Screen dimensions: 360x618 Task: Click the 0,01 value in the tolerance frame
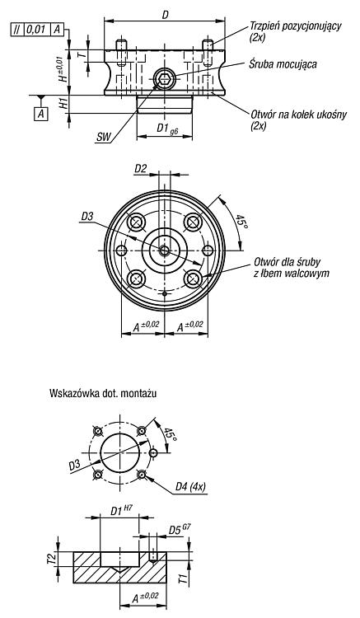pyautogui.click(x=38, y=29)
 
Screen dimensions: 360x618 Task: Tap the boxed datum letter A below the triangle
pyautogui.click(x=41, y=115)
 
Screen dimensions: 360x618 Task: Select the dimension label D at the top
pyautogui.click(x=166, y=15)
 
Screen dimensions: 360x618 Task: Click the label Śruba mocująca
pyautogui.click(x=283, y=64)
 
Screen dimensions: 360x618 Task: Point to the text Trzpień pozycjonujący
pyautogui.click(x=296, y=26)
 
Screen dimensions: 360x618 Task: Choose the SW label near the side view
pyautogui.click(x=104, y=137)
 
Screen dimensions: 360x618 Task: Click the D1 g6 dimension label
pyautogui.click(x=167, y=129)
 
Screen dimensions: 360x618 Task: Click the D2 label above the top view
pyautogui.click(x=141, y=169)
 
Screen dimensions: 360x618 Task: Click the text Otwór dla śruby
pyautogui.click(x=288, y=262)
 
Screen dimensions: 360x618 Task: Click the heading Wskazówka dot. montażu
pyautogui.click(x=103, y=393)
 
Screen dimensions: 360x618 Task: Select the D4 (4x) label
pyautogui.click(x=190, y=487)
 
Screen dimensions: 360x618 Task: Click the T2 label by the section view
pyautogui.click(x=50, y=559)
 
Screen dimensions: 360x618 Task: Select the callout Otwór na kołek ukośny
pyautogui.click(x=299, y=115)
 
